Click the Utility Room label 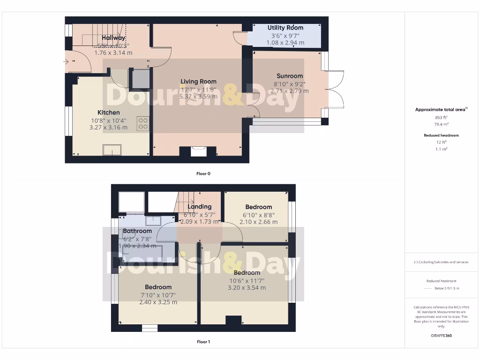tap(285, 28)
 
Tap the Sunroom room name tap(290, 76)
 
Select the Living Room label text tap(198, 82)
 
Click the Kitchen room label tap(108, 112)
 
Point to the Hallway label tap(113, 38)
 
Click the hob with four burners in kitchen tap(143, 123)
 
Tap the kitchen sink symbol tap(112, 150)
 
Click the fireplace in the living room tap(198, 151)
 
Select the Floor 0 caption tap(203, 173)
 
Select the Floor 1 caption tap(203, 342)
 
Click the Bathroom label tap(137, 231)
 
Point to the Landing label tap(200, 207)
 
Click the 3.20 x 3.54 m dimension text tap(247, 288)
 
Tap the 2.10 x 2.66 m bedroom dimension tap(258, 222)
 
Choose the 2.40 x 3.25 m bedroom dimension tap(158, 302)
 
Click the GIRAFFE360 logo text tap(441, 336)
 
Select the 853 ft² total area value tap(441, 117)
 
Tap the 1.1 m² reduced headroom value tap(441, 149)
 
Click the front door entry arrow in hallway tap(67, 61)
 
